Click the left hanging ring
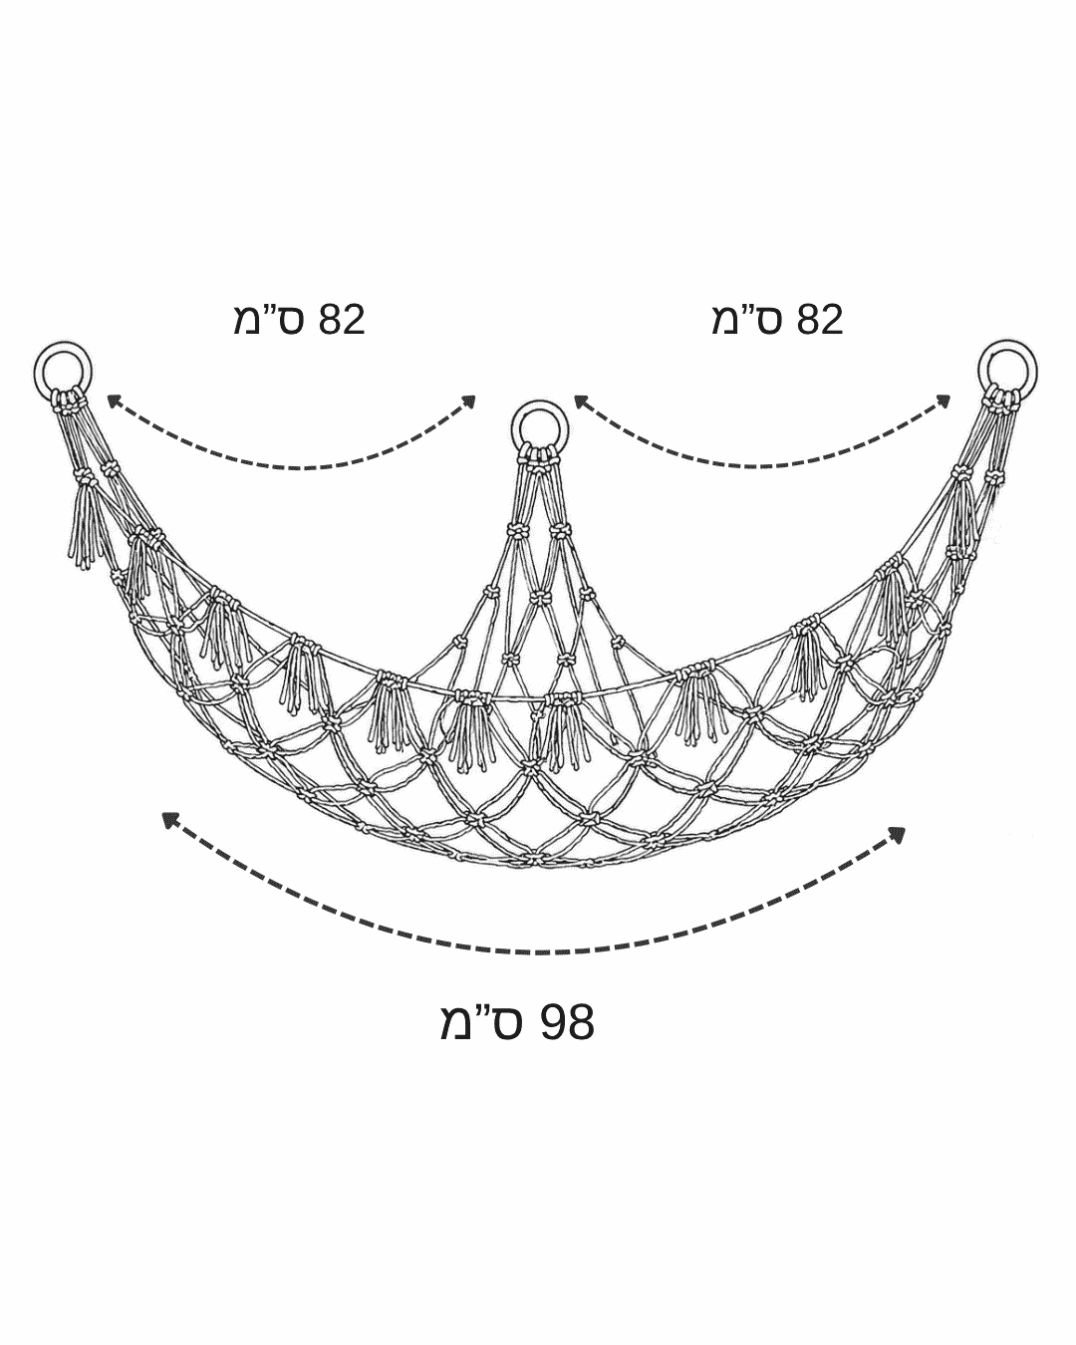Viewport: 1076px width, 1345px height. click(35, 373)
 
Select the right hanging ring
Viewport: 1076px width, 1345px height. click(981, 373)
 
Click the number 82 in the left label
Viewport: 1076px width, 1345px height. click(342, 320)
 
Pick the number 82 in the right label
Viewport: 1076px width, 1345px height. click(820, 320)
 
